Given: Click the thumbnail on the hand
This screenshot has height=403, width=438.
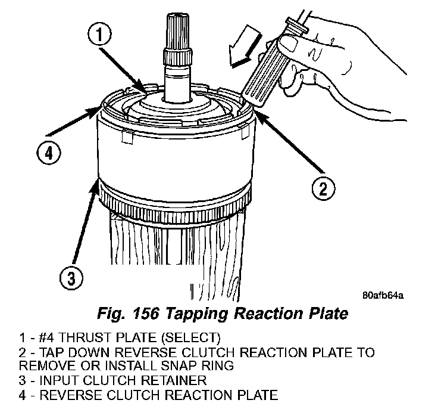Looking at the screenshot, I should tap(291, 43).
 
